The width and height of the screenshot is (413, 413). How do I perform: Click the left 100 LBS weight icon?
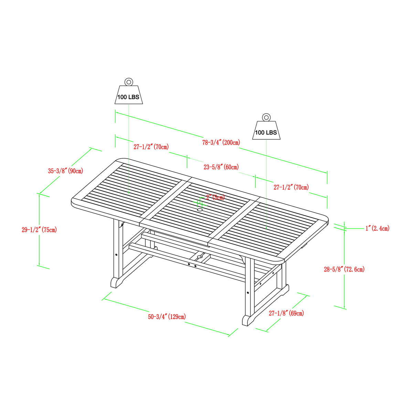coord(128,96)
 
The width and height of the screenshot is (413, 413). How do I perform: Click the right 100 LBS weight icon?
coord(266,131)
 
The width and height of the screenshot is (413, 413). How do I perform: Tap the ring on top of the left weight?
coord(129,82)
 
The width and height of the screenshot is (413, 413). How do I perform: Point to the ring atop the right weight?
coord(266,117)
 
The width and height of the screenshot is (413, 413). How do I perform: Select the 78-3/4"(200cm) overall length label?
coord(221,142)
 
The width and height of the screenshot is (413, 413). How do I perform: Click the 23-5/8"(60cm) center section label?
coord(221,167)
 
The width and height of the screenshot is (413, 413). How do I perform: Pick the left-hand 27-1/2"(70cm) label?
coord(151,147)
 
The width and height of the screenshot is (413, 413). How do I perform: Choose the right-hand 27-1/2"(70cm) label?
coord(291,187)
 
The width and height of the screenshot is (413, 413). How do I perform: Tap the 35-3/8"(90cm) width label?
coord(65,171)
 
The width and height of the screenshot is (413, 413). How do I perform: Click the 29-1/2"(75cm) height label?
coord(39,230)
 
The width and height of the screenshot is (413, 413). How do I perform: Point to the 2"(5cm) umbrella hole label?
coord(215,197)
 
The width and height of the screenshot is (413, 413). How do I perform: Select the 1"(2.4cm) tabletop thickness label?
coord(377,228)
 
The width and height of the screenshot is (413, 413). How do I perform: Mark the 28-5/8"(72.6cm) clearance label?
coord(344,269)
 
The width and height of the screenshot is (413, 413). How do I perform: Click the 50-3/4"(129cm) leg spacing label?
coord(167,317)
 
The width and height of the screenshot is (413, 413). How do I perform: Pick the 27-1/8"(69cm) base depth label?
coord(286,313)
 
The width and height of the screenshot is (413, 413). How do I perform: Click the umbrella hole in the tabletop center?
coord(200,210)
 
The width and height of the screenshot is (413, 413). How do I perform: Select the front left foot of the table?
coord(116,283)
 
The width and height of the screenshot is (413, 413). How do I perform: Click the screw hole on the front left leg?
coord(116,255)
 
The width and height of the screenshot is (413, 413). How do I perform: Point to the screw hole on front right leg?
coord(248,293)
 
